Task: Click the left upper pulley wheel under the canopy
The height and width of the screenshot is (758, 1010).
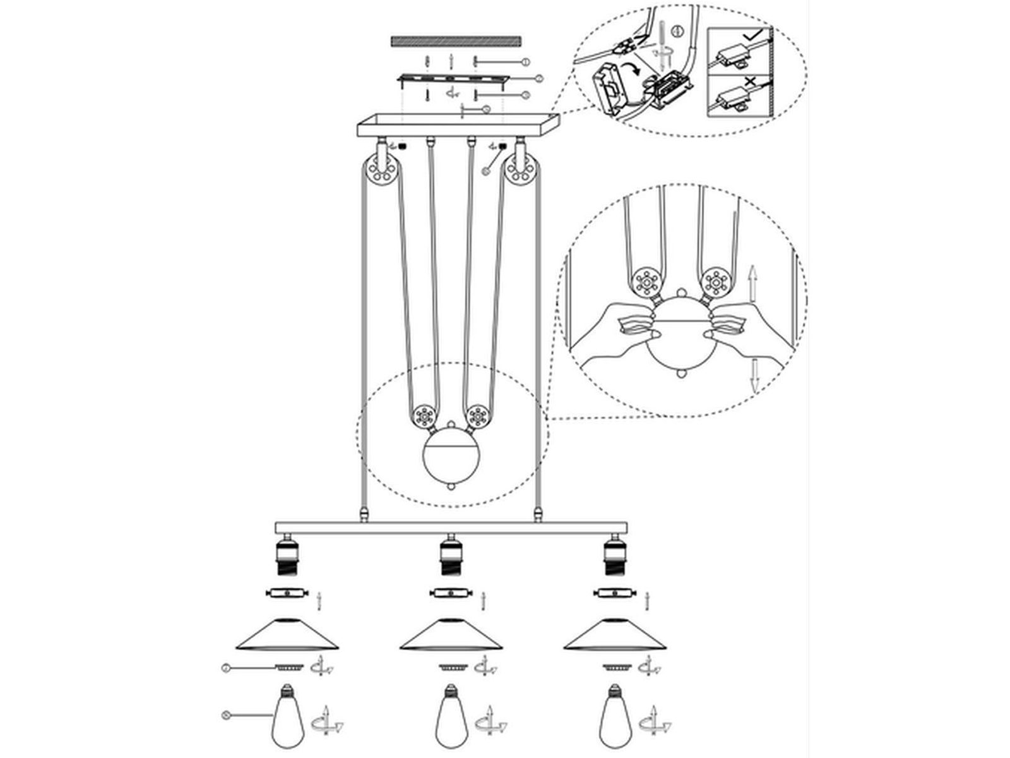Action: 381,171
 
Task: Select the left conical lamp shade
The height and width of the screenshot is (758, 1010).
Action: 287,635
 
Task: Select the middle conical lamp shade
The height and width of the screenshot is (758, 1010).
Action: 451,635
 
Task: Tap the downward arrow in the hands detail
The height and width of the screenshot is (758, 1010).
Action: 752,376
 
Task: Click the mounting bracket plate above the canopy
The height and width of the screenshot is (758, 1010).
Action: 453,80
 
